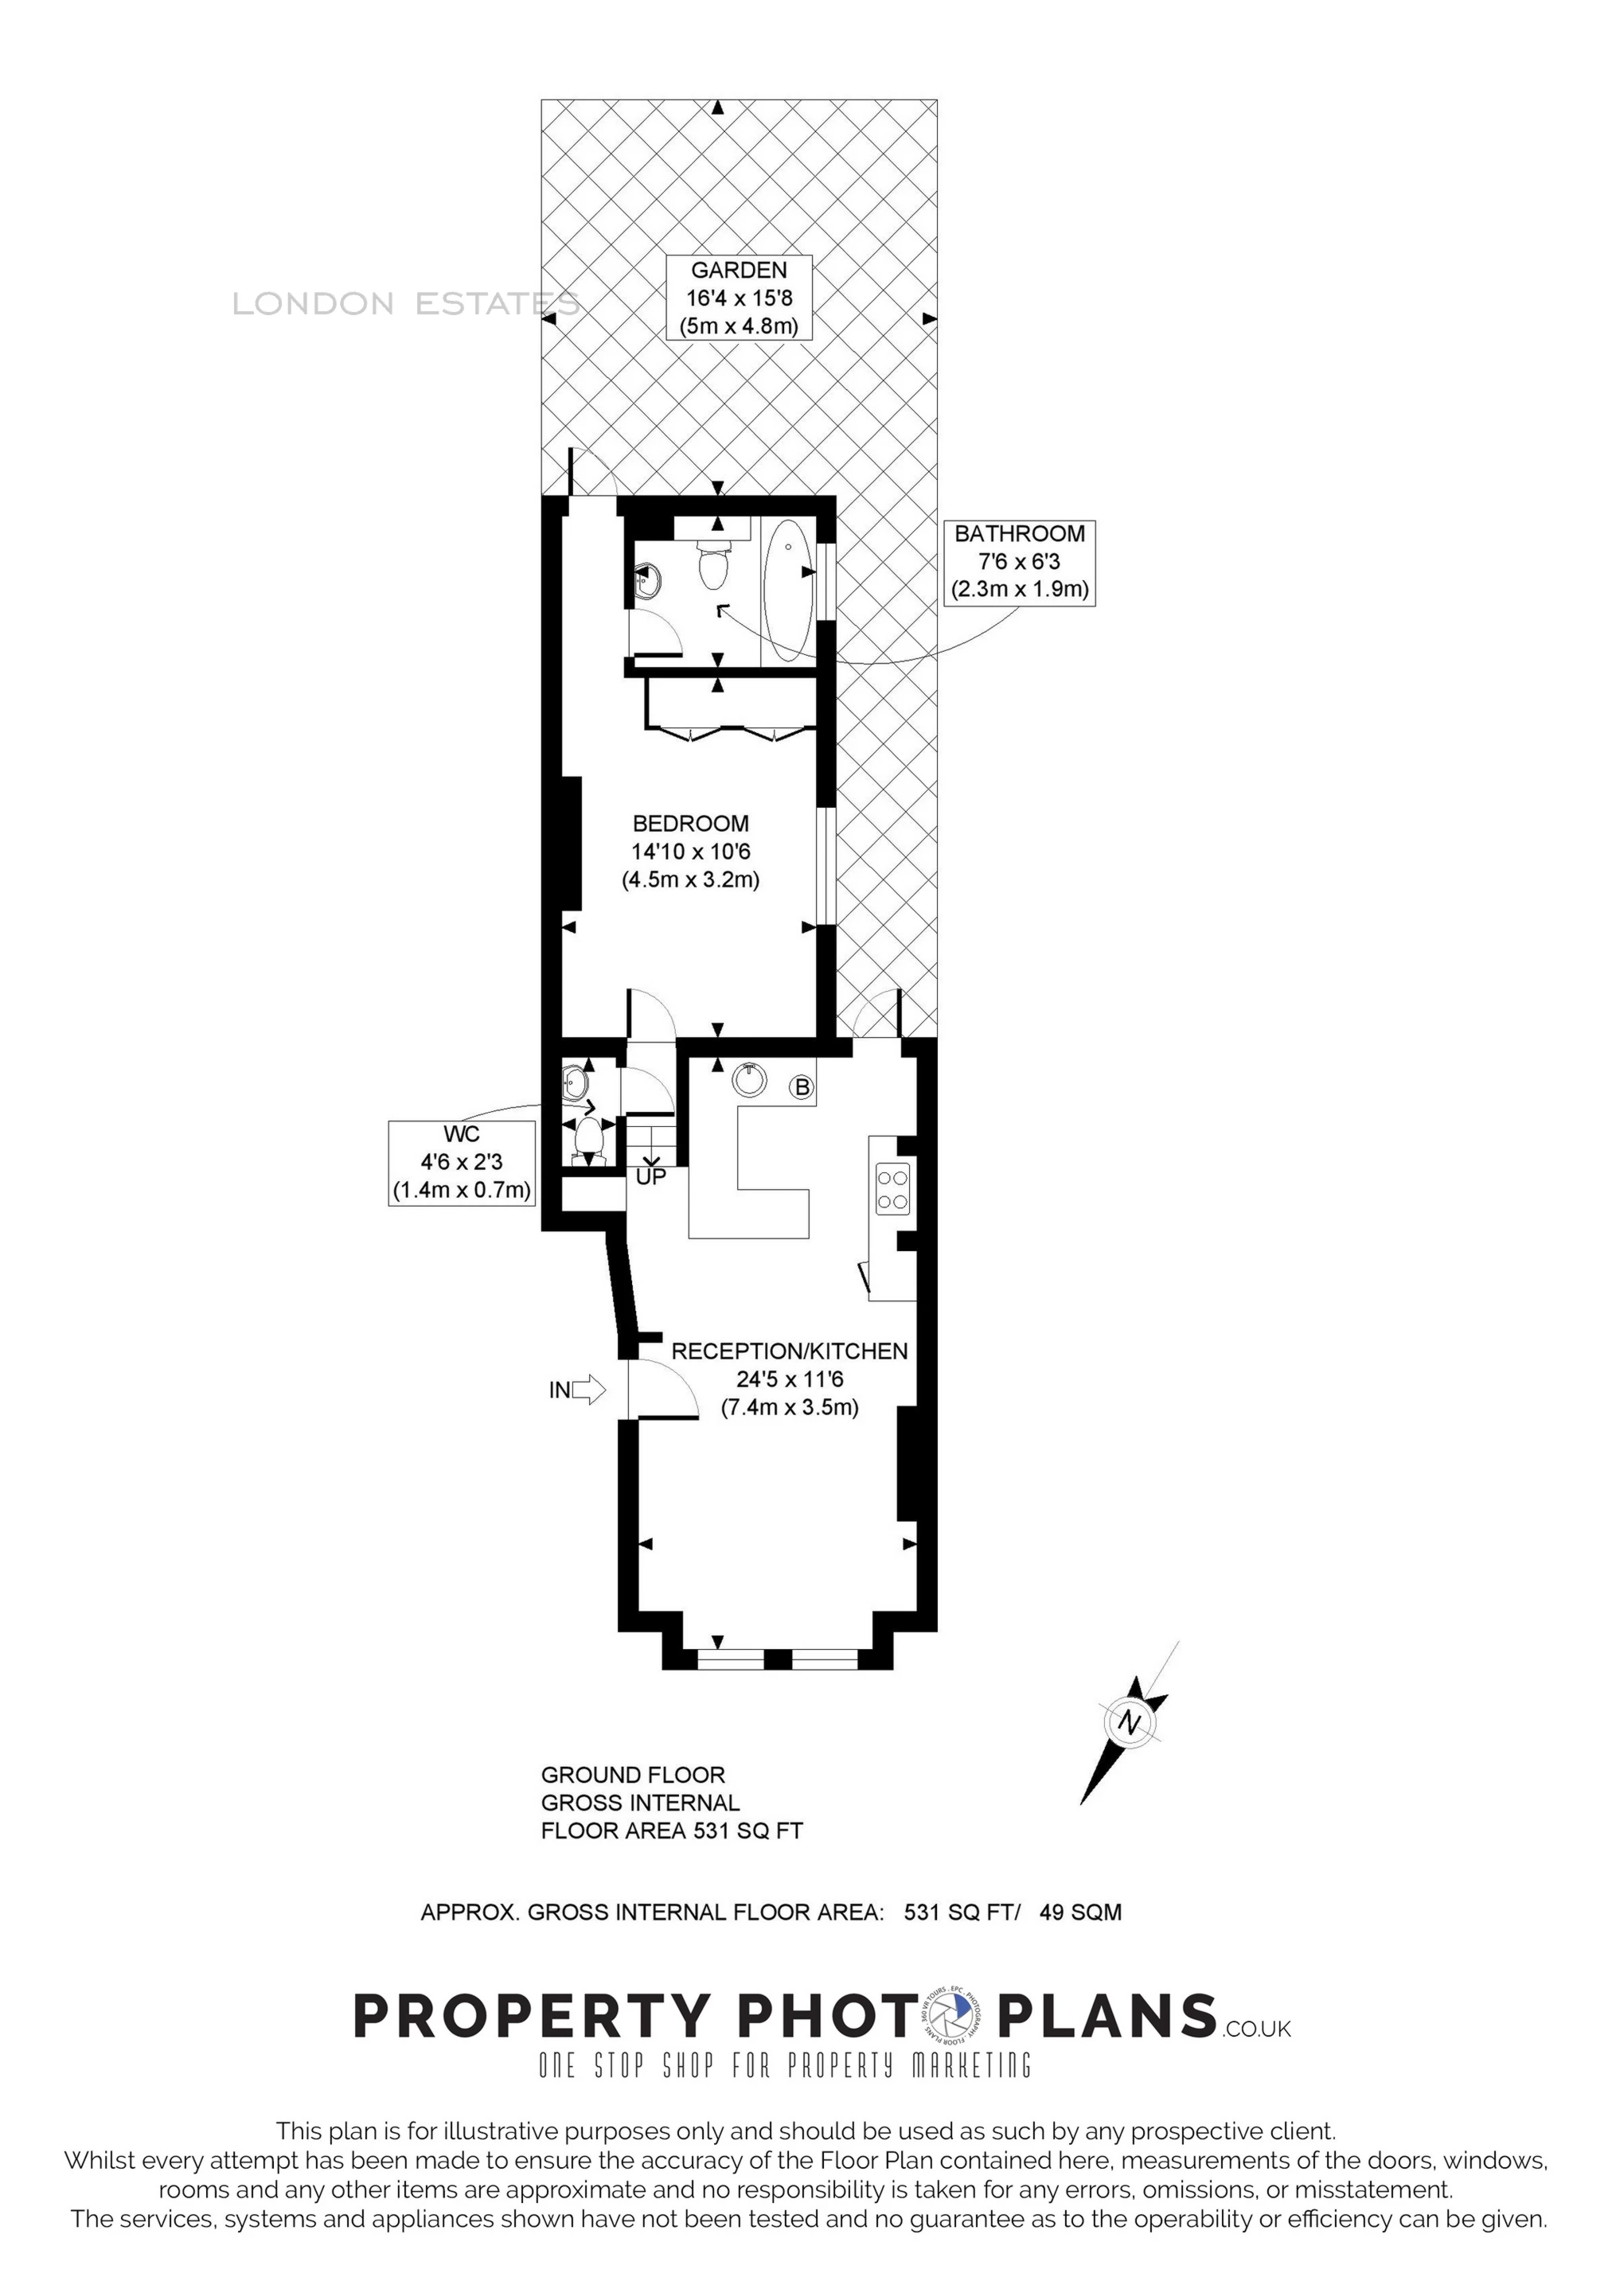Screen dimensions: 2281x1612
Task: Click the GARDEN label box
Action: pyautogui.click(x=739, y=297)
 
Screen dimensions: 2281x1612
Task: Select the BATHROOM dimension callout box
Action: pyautogui.click(x=1019, y=561)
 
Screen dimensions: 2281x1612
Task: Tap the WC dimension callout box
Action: pyautogui.click(x=461, y=1162)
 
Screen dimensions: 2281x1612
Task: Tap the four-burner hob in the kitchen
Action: pyautogui.click(x=892, y=1189)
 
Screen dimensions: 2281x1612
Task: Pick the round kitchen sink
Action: pyautogui.click(x=748, y=1079)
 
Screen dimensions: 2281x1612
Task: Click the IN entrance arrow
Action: pyautogui.click(x=587, y=1390)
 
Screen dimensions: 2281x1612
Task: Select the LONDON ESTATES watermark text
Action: pyautogui.click(x=405, y=304)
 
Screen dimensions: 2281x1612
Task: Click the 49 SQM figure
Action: pyautogui.click(x=1079, y=1912)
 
